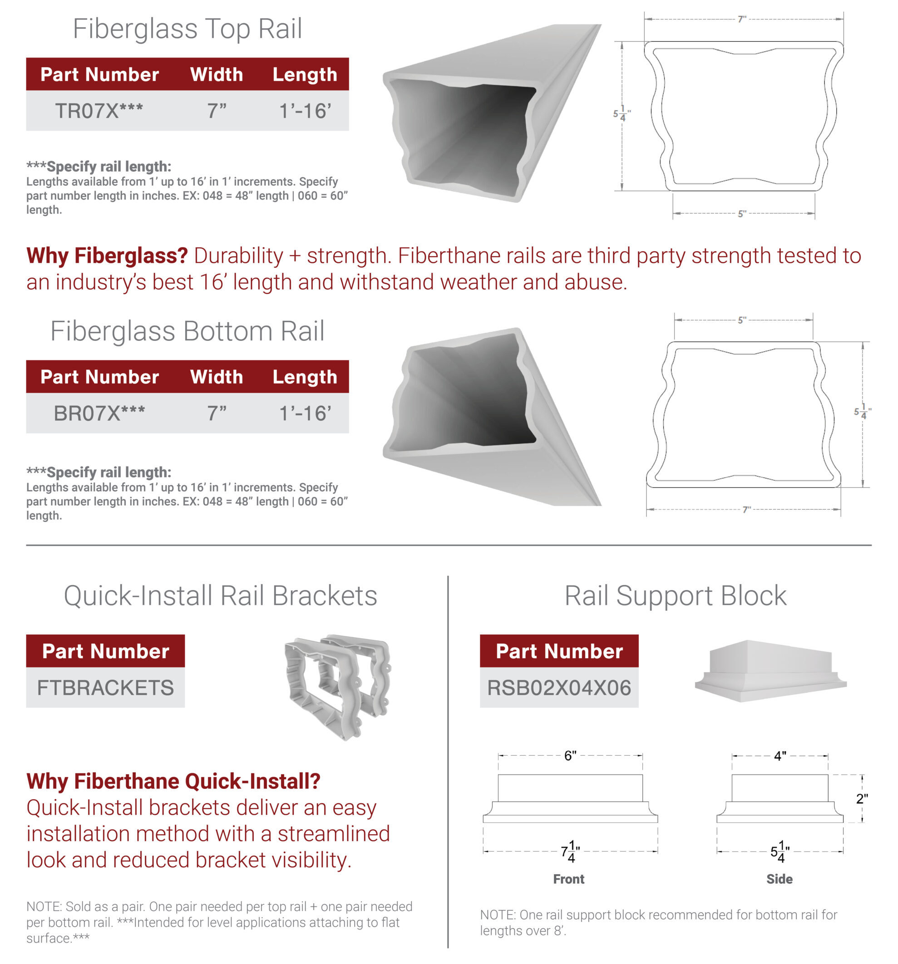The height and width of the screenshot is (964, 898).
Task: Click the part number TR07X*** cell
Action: [99, 111]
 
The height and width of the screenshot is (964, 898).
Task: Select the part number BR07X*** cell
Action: [99, 413]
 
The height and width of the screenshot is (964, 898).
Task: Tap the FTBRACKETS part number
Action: [105, 688]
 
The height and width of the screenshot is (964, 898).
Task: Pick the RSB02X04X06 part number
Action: [559, 688]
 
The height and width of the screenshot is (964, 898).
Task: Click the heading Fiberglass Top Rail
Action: [187, 29]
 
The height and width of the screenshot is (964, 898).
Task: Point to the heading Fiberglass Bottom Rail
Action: [187, 331]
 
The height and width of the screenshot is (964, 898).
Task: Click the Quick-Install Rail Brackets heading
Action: [221, 595]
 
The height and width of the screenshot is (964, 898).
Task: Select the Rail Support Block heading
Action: [676, 595]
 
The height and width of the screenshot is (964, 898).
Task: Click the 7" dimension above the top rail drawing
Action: [742, 20]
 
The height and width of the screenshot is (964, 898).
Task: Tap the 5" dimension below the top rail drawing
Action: [742, 214]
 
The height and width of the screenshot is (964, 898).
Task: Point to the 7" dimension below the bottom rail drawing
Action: [747, 510]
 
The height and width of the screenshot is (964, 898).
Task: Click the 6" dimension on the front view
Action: [570, 756]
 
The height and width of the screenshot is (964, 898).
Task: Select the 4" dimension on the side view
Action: [780, 756]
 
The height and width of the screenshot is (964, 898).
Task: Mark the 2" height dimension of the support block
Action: [862, 799]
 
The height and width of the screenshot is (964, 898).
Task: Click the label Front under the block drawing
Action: [568, 879]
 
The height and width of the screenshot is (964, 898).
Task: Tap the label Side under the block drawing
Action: [780, 879]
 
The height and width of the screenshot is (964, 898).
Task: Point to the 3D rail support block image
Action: [771, 671]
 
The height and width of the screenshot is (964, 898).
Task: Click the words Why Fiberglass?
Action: [107, 256]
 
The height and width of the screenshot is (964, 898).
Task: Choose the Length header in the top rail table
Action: [305, 74]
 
